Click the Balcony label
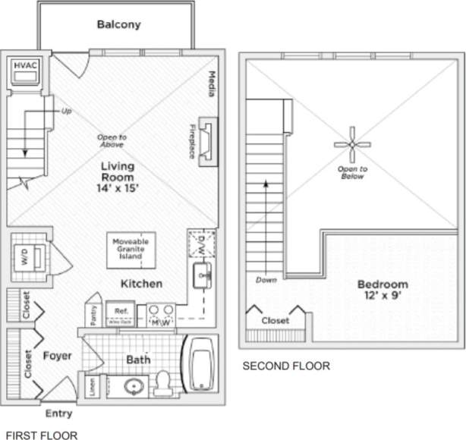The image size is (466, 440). pyautogui.click(x=118, y=24)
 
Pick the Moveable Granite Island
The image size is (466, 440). pyautogui.click(x=130, y=248)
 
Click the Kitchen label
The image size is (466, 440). pyautogui.click(x=141, y=284)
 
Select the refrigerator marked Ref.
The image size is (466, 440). pyautogui.click(x=120, y=312)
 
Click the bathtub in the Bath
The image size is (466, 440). pyautogui.click(x=202, y=366)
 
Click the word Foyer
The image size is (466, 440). pyautogui.click(x=57, y=355)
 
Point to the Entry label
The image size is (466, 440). pyautogui.click(x=58, y=413)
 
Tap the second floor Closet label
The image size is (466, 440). pyautogui.click(x=275, y=321)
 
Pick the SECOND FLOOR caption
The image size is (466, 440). pyautogui.click(x=286, y=366)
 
